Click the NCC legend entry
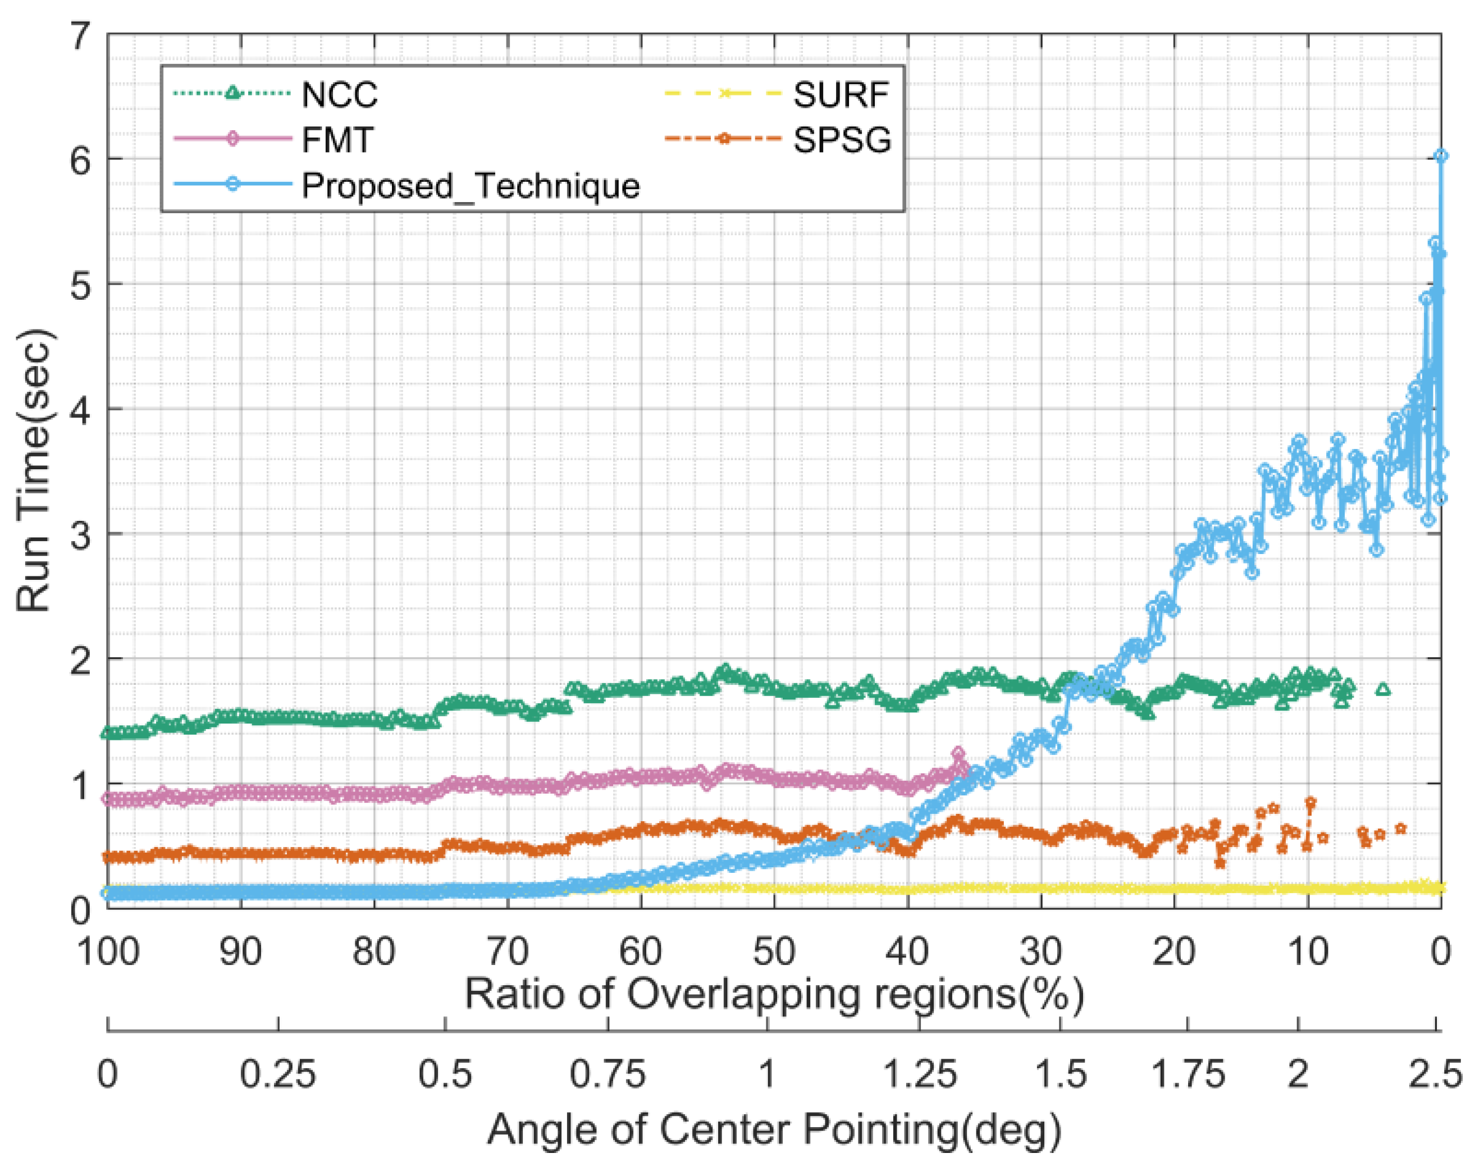[339, 94]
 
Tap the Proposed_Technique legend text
[471, 185]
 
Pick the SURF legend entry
[840, 94]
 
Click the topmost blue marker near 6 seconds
[1440, 156]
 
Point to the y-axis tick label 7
[81, 35]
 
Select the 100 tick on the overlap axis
[108, 951]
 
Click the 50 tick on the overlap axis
[774, 951]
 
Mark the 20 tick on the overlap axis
[1173, 951]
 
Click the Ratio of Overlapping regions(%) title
[774, 994]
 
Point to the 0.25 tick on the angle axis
[277, 1074]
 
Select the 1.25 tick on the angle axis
[920, 1074]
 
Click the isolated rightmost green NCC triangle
[1383, 689]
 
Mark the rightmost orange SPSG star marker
[1400, 828]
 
